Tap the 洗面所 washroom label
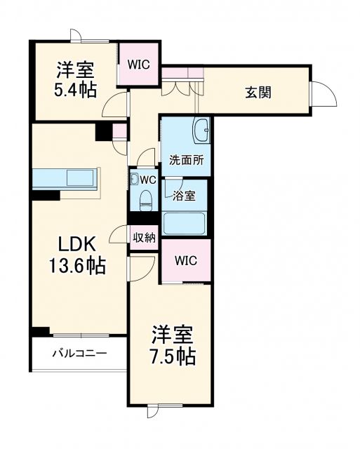(186, 159)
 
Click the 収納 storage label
(144, 237)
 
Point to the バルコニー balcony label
(79, 353)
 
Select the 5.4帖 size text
(76, 89)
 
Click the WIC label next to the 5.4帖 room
(138, 63)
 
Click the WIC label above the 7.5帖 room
(186, 260)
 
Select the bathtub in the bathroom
(185, 223)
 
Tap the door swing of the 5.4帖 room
(111, 107)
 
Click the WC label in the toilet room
(147, 180)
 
